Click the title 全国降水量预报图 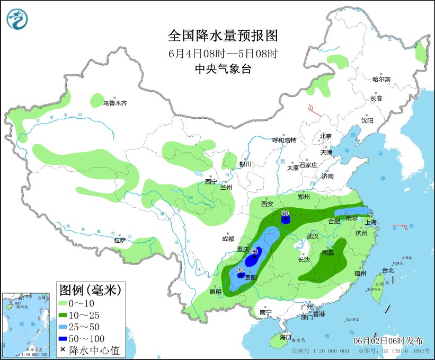[223, 36]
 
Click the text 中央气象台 [223, 69]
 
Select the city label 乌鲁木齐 [114, 103]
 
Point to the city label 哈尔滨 [381, 80]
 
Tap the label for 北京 [325, 136]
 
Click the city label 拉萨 [120, 240]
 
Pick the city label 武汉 [314, 235]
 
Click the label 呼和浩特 [284, 140]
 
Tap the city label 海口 [286, 337]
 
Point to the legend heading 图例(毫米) [91, 289]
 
